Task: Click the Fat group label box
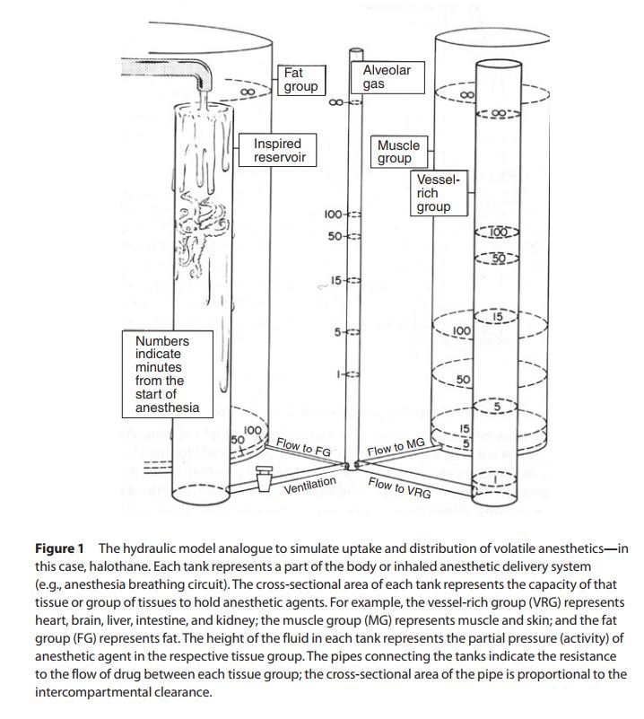click(x=300, y=80)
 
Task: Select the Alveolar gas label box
click(x=387, y=77)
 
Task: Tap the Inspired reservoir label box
click(x=279, y=150)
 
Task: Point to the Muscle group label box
click(x=398, y=152)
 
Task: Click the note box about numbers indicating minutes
click(x=162, y=374)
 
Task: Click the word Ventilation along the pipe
click(x=309, y=486)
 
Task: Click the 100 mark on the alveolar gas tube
click(x=333, y=215)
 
